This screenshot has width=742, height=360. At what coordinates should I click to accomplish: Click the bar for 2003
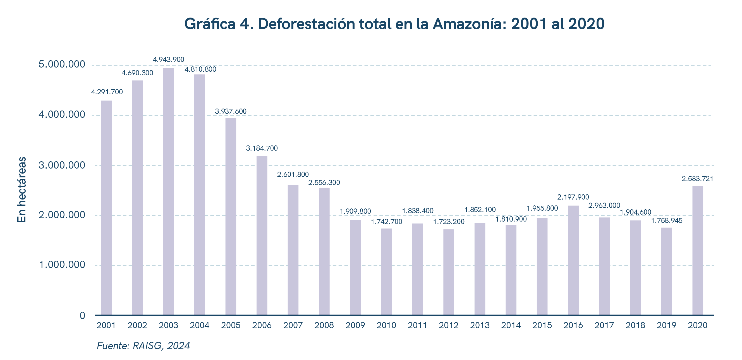click(x=169, y=191)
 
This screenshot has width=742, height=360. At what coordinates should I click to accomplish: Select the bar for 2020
click(x=698, y=251)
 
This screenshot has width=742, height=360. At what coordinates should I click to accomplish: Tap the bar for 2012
click(x=449, y=272)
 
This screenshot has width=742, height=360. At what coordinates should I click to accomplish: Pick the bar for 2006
click(x=262, y=236)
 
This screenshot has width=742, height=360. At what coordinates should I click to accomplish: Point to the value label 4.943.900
click(x=169, y=60)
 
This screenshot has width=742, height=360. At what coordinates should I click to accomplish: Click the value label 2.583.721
click(x=697, y=179)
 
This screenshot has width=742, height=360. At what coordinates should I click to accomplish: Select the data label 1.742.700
click(x=386, y=222)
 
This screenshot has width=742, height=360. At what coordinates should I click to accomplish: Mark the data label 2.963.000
click(x=604, y=206)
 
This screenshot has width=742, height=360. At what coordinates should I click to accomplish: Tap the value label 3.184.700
click(x=262, y=148)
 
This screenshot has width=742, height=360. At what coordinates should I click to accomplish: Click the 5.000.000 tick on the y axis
click(x=62, y=64)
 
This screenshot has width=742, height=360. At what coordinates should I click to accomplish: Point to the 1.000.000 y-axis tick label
click(x=62, y=265)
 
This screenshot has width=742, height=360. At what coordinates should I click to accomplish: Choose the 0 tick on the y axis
click(x=82, y=316)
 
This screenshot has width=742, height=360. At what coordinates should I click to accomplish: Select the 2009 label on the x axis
click(x=355, y=325)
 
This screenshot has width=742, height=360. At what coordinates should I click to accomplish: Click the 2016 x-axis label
click(x=573, y=325)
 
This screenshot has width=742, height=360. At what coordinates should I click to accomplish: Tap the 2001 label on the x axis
click(x=106, y=325)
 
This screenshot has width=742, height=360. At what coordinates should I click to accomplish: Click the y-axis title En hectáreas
click(x=22, y=189)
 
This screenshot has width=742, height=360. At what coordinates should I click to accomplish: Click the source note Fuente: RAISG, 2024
click(x=143, y=346)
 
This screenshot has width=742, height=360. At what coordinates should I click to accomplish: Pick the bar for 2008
click(x=324, y=251)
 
